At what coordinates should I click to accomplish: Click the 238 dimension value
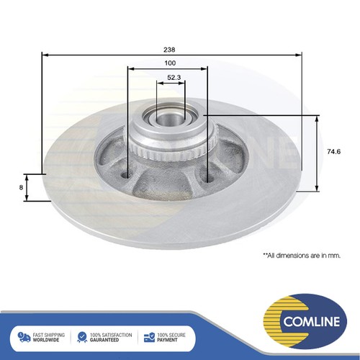pyautogui.click(x=169, y=50)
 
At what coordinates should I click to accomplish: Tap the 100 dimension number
pyautogui.click(x=170, y=63)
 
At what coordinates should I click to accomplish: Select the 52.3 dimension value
pyautogui.click(x=174, y=78)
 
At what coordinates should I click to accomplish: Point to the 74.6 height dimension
pyautogui.click(x=333, y=152)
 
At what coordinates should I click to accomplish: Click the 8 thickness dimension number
pyautogui.click(x=21, y=187)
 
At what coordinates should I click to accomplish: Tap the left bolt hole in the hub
pyautogui.click(x=125, y=175)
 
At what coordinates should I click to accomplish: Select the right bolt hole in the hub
pyautogui.click(x=210, y=179)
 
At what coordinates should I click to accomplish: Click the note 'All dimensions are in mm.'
pyautogui.click(x=302, y=256)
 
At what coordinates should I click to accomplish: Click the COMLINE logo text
pyautogui.click(x=312, y=321)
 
